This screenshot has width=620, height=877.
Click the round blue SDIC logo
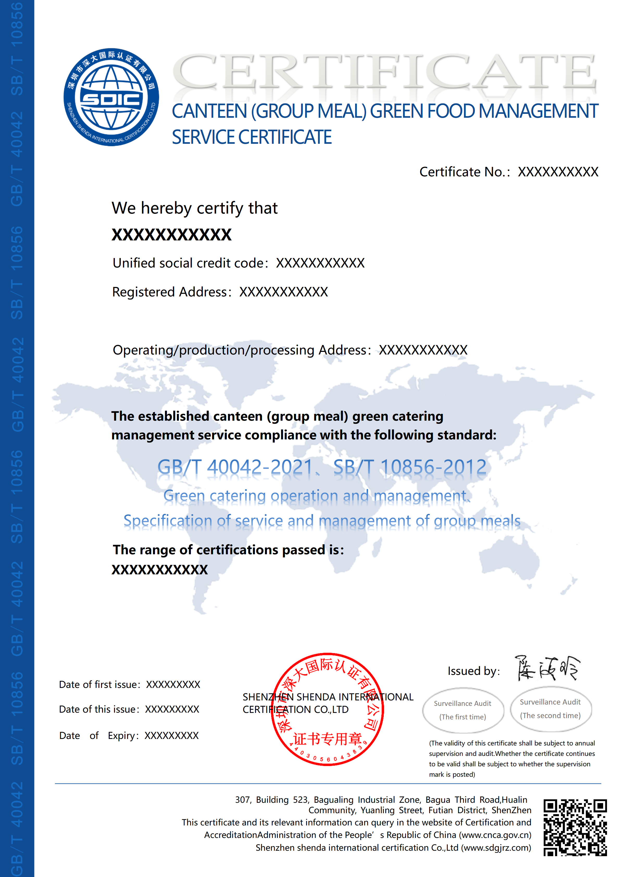tap(111, 97)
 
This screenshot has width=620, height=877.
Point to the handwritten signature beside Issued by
tap(547, 668)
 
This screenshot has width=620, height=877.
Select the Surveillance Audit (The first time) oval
tap(463, 710)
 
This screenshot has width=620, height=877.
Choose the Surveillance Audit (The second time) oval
tap(550, 709)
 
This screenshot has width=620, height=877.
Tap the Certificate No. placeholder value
tap(558, 172)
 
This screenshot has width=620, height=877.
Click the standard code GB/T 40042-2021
tap(235, 467)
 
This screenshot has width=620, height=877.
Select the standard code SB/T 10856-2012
tap(410, 467)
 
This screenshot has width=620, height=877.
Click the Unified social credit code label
tap(188, 263)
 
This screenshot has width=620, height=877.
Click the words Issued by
tap(473, 671)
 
